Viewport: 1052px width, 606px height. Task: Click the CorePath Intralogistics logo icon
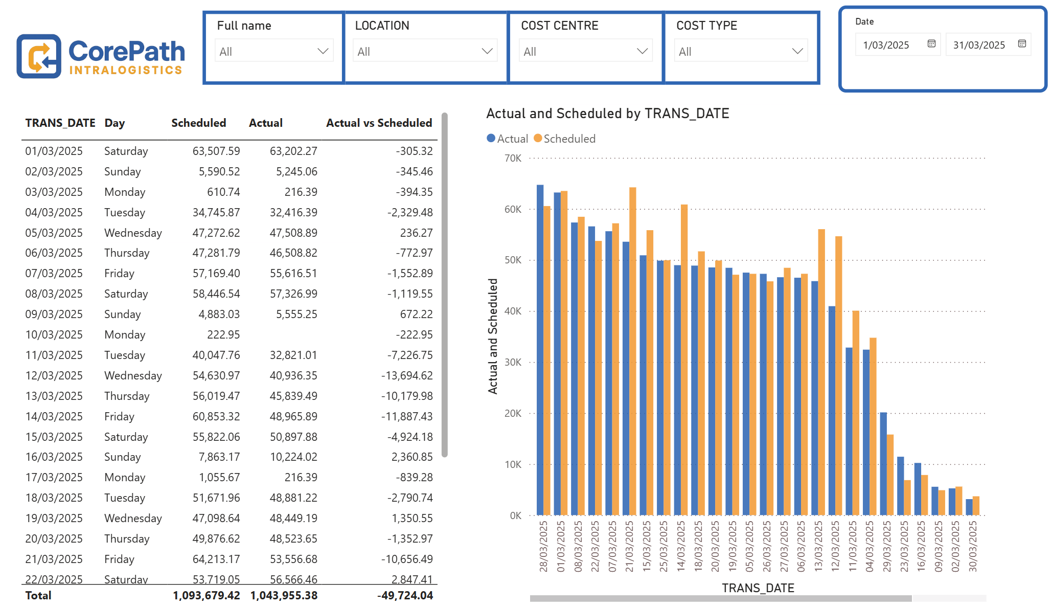pos(39,56)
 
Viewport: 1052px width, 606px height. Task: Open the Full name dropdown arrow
pos(323,51)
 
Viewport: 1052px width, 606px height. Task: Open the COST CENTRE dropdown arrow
pos(642,51)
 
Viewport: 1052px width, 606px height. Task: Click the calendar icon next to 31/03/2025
pos(1022,44)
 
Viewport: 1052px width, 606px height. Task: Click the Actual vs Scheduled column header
pos(379,123)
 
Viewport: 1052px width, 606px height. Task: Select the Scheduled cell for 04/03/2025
pos(216,212)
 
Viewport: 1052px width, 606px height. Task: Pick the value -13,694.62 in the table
pos(407,375)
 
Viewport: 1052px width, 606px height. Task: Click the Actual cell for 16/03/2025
pos(293,457)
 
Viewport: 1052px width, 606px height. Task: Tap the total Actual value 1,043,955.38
pos(284,595)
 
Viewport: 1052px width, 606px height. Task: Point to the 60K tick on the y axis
pos(513,209)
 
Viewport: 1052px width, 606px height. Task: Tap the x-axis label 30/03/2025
pos(973,546)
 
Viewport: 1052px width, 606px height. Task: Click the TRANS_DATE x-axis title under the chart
pos(758,588)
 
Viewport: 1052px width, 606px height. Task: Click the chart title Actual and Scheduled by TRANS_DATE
pos(607,114)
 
